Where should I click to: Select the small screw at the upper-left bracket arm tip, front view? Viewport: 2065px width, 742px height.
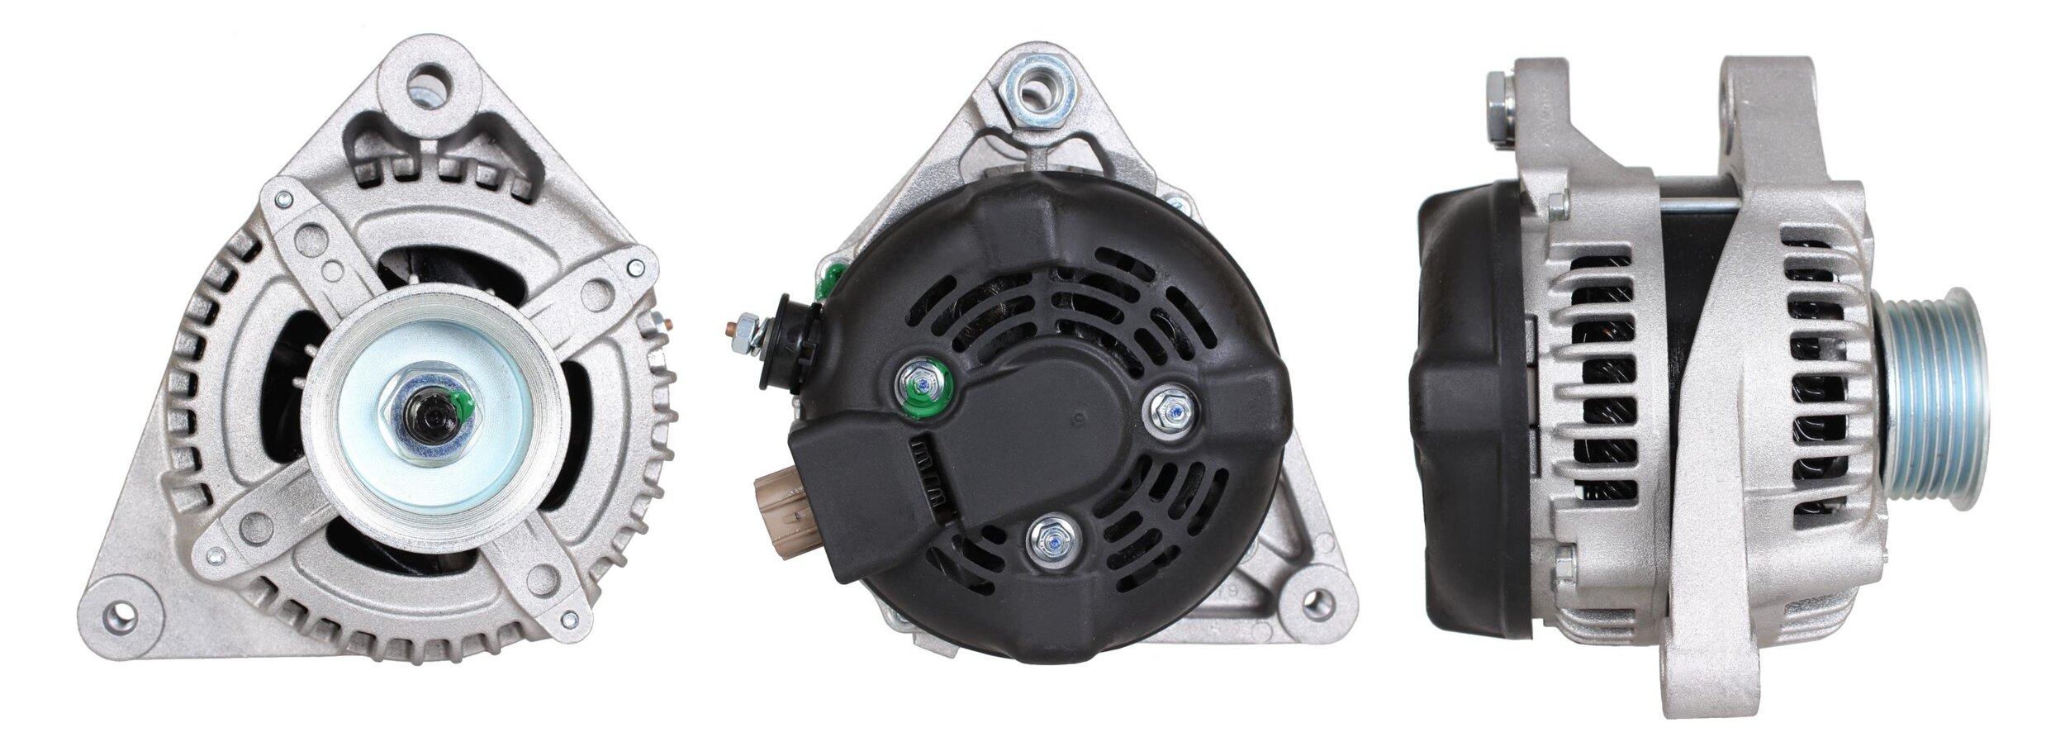[285, 198]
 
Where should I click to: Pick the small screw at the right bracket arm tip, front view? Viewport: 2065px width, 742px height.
[634, 267]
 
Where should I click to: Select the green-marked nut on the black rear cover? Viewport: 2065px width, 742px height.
[924, 384]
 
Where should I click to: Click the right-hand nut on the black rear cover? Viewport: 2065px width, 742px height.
[1171, 407]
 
